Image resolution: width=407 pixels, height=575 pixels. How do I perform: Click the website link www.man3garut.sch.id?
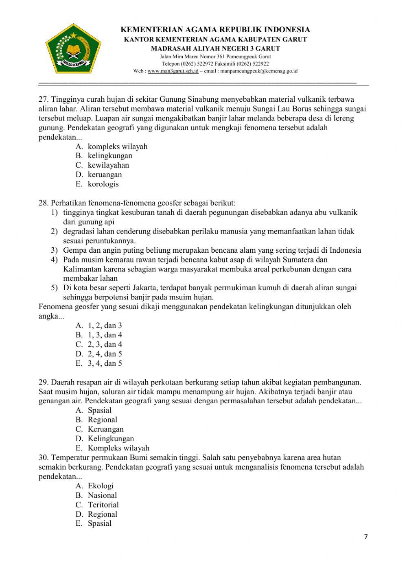click(173, 71)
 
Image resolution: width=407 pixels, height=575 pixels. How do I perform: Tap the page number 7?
click(365, 537)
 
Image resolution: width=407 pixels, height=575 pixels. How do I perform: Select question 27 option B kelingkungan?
click(110, 155)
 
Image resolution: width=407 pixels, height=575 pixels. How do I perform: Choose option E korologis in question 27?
click(103, 184)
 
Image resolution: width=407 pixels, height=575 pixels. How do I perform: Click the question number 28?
click(44, 203)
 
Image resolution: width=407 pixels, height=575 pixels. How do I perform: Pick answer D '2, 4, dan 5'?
click(105, 354)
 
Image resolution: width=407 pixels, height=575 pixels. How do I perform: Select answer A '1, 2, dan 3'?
click(105, 325)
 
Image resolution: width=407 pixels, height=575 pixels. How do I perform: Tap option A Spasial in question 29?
click(99, 410)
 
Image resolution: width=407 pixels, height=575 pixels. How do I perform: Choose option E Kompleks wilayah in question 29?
click(118, 448)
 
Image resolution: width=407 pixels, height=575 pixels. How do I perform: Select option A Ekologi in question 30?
click(101, 485)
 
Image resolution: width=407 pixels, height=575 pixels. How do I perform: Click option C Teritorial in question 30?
click(103, 505)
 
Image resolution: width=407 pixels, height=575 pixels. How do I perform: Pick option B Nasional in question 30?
click(102, 495)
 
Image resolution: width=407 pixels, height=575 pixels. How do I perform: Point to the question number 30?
click(44, 457)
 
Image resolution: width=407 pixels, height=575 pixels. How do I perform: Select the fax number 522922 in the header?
click(260, 63)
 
